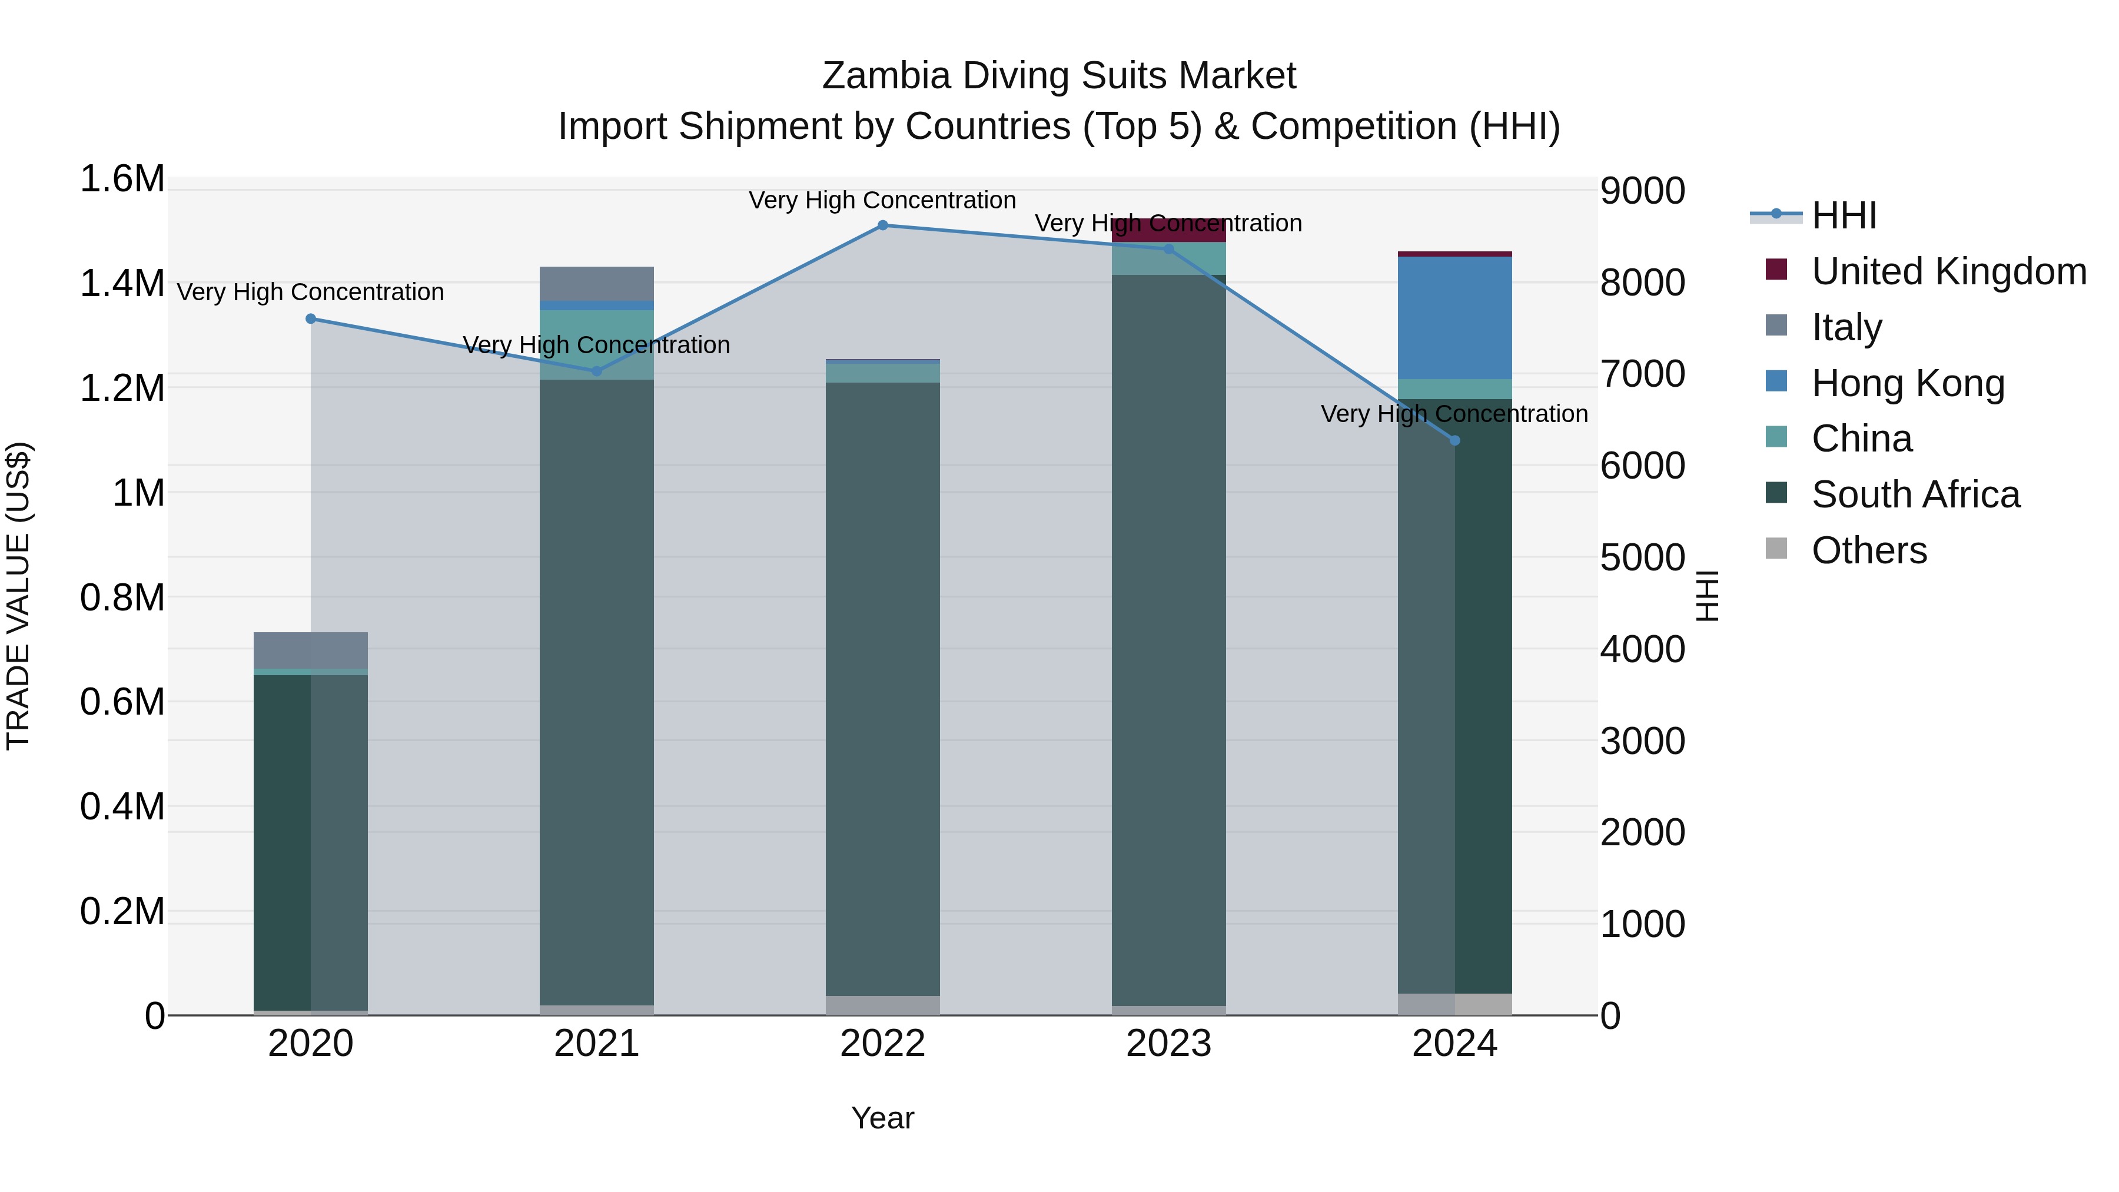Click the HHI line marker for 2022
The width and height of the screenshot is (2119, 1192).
tap(883, 225)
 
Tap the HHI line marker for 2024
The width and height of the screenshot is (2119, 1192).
tap(1454, 441)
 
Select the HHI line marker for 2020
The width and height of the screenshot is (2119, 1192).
tap(311, 319)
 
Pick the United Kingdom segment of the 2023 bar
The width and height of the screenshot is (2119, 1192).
tap(1168, 230)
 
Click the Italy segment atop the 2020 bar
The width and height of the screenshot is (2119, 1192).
tap(311, 650)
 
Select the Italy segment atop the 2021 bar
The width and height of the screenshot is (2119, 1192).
tap(596, 284)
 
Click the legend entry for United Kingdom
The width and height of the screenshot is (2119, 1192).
tap(1948, 271)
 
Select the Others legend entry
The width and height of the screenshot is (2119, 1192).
tap(1868, 550)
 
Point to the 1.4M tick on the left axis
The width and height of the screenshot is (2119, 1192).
tap(122, 284)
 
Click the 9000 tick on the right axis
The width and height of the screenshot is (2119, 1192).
tap(1642, 191)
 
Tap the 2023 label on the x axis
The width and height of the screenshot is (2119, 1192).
tap(1168, 1044)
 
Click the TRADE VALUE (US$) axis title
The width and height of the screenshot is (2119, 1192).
tap(18, 596)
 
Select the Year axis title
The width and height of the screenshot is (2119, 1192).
tap(883, 1118)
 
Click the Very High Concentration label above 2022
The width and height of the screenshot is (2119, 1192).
tap(883, 200)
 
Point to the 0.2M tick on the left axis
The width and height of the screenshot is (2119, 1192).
tap(122, 911)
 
